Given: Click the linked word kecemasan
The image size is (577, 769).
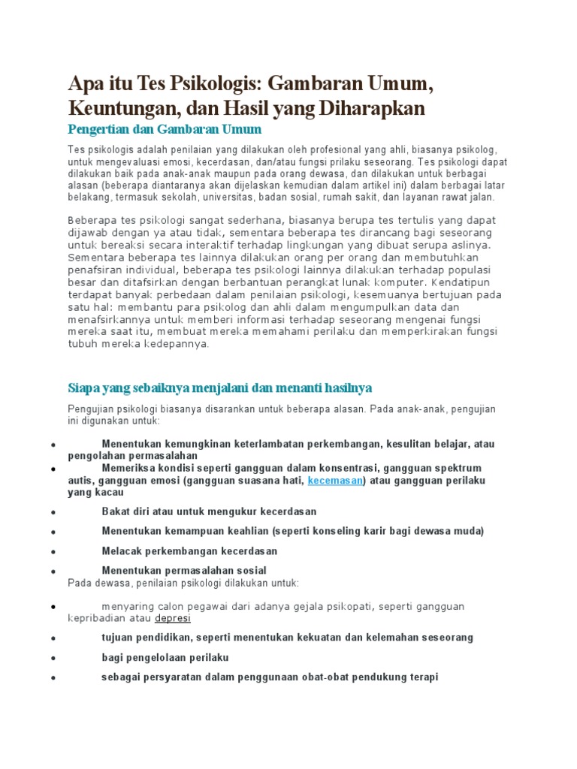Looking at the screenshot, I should click(x=335, y=480).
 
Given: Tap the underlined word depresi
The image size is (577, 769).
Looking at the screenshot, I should click(x=173, y=618).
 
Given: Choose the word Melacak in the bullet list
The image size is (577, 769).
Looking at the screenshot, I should click(x=122, y=550).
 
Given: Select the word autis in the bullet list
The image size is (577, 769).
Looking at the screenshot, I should click(x=80, y=480).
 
